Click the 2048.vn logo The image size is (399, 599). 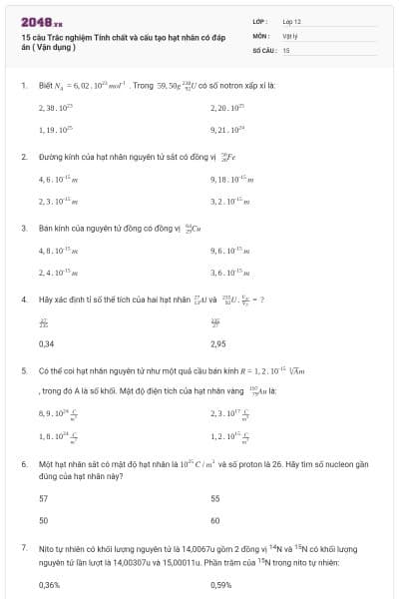[x=41, y=21]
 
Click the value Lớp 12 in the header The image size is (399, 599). [x=291, y=21]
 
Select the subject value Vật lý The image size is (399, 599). [x=290, y=35]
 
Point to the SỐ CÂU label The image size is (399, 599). [x=262, y=49]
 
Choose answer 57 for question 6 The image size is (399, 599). [x=43, y=497]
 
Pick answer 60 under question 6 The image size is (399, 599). [x=215, y=521]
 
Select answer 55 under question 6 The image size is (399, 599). [x=215, y=497]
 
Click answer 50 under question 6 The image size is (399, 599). [x=43, y=521]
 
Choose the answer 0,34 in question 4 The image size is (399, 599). [x=46, y=343]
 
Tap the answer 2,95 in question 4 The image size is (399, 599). [x=219, y=343]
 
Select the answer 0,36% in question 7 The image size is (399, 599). [x=49, y=585]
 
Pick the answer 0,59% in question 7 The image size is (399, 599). [x=221, y=585]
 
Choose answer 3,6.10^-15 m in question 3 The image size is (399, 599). [x=230, y=272]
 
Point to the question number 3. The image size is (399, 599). [x=23, y=228]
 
